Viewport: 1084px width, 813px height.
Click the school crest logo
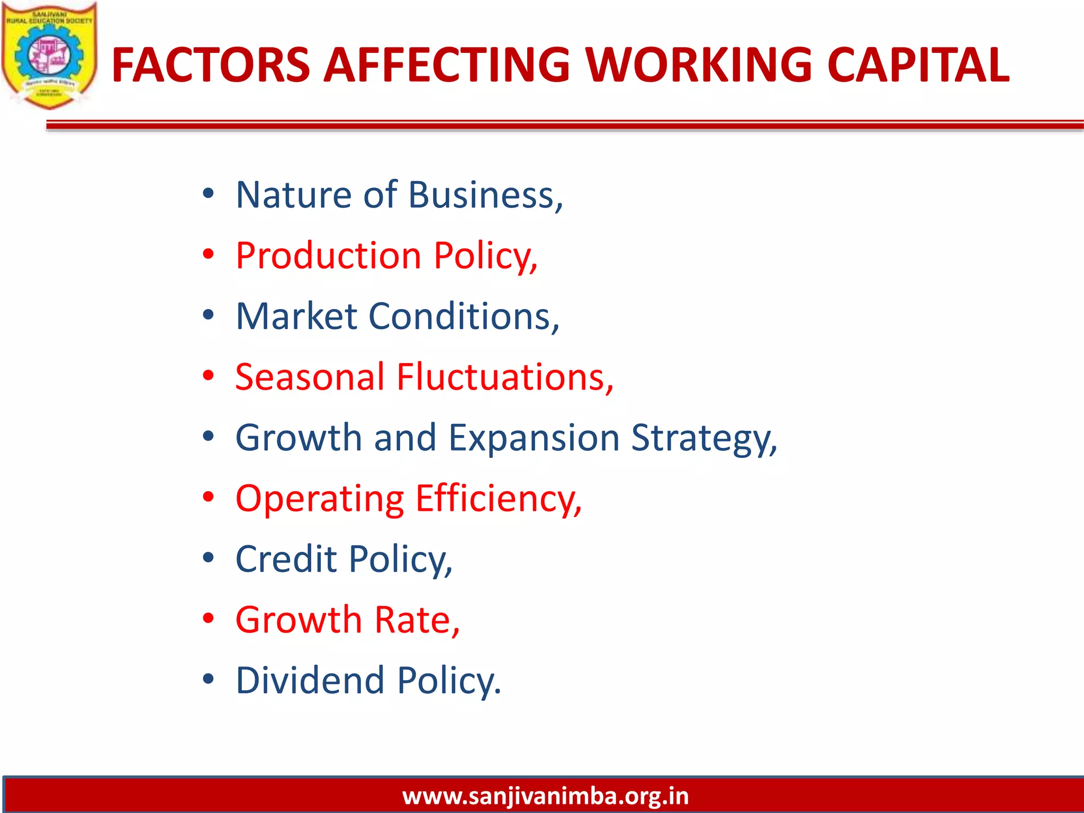click(x=49, y=56)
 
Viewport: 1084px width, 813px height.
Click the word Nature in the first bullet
click(x=293, y=195)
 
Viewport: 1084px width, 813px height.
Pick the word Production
click(x=328, y=256)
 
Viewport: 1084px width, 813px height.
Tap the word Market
click(x=296, y=317)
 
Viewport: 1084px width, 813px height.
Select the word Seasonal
click(x=310, y=377)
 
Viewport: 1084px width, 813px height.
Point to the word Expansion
click(x=534, y=438)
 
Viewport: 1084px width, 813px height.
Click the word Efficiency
click(x=498, y=499)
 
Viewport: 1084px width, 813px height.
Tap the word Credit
click(x=286, y=559)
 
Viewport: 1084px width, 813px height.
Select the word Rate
click(x=417, y=620)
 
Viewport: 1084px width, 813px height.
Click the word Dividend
click(x=310, y=681)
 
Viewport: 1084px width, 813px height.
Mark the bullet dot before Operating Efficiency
click(x=209, y=498)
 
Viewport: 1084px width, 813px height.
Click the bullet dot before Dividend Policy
click(x=209, y=680)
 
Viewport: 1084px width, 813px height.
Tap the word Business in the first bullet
click(x=485, y=195)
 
